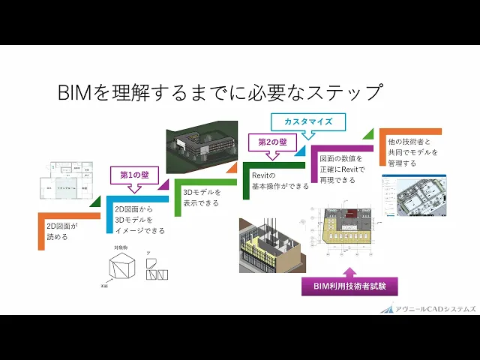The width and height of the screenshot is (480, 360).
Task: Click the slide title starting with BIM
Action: [220, 93]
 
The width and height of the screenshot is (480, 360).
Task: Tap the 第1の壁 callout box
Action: [135, 174]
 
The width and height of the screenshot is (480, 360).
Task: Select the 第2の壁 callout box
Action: [272, 142]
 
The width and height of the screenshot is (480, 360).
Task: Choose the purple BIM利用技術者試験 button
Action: [349, 286]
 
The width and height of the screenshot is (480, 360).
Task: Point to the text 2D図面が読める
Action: [58, 230]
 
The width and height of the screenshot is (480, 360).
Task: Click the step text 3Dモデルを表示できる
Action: [202, 197]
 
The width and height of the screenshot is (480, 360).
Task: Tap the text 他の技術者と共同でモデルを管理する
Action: [412, 152]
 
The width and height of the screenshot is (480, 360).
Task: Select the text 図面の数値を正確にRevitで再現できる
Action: [342, 170]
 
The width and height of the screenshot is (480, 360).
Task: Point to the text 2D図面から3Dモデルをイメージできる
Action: [139, 220]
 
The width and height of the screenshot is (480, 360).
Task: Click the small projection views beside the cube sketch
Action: [157, 270]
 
